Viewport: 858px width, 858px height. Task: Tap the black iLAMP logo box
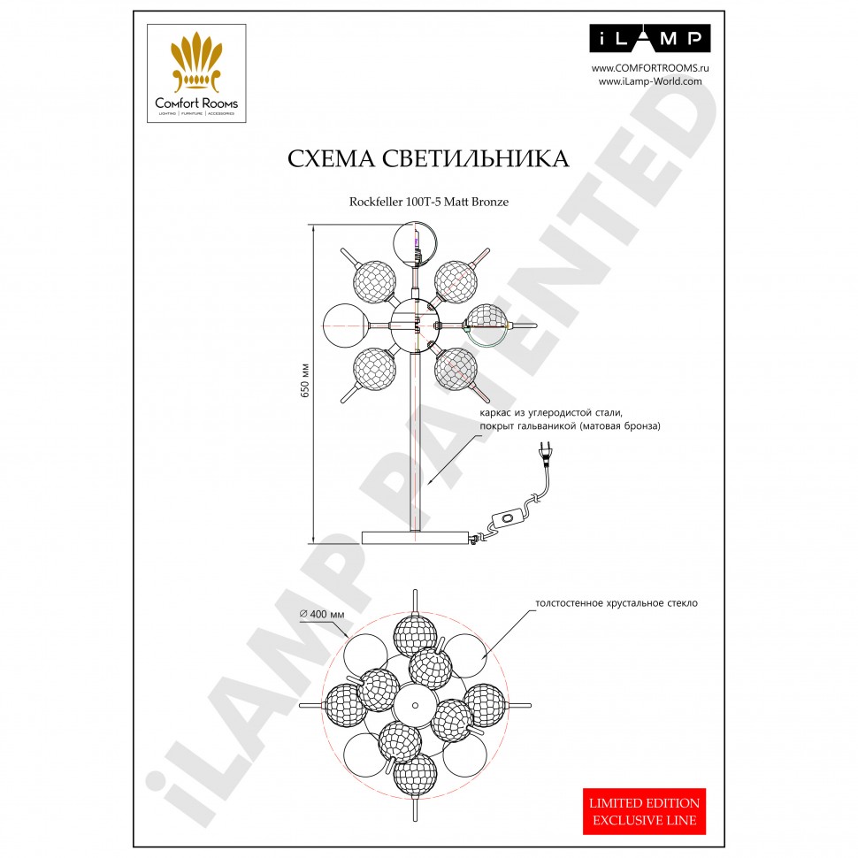point(649,38)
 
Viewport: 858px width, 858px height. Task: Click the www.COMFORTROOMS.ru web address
point(650,68)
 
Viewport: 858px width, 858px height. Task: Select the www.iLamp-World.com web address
point(650,81)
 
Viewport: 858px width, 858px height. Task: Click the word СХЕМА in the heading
point(331,158)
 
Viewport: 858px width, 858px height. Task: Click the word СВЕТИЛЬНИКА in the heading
point(476,158)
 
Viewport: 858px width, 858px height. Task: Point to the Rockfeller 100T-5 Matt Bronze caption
point(429,202)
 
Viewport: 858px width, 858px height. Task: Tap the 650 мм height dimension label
point(305,380)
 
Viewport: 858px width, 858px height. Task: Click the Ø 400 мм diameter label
point(322,614)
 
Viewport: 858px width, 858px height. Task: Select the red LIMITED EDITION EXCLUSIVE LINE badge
point(644,811)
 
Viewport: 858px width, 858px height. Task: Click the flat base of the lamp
point(416,537)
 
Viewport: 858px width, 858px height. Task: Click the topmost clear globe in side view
point(416,243)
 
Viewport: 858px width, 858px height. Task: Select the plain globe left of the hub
point(345,325)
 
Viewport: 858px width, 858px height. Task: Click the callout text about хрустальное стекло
point(617,603)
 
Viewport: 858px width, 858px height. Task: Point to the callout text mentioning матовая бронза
point(571,419)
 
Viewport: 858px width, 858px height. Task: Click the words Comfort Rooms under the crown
point(196,103)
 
